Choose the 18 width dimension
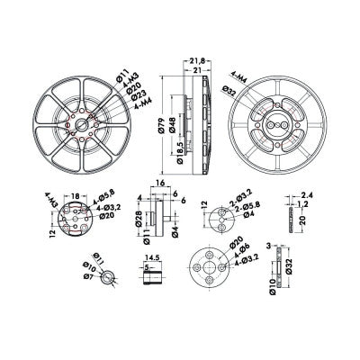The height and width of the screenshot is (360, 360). [76, 194]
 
